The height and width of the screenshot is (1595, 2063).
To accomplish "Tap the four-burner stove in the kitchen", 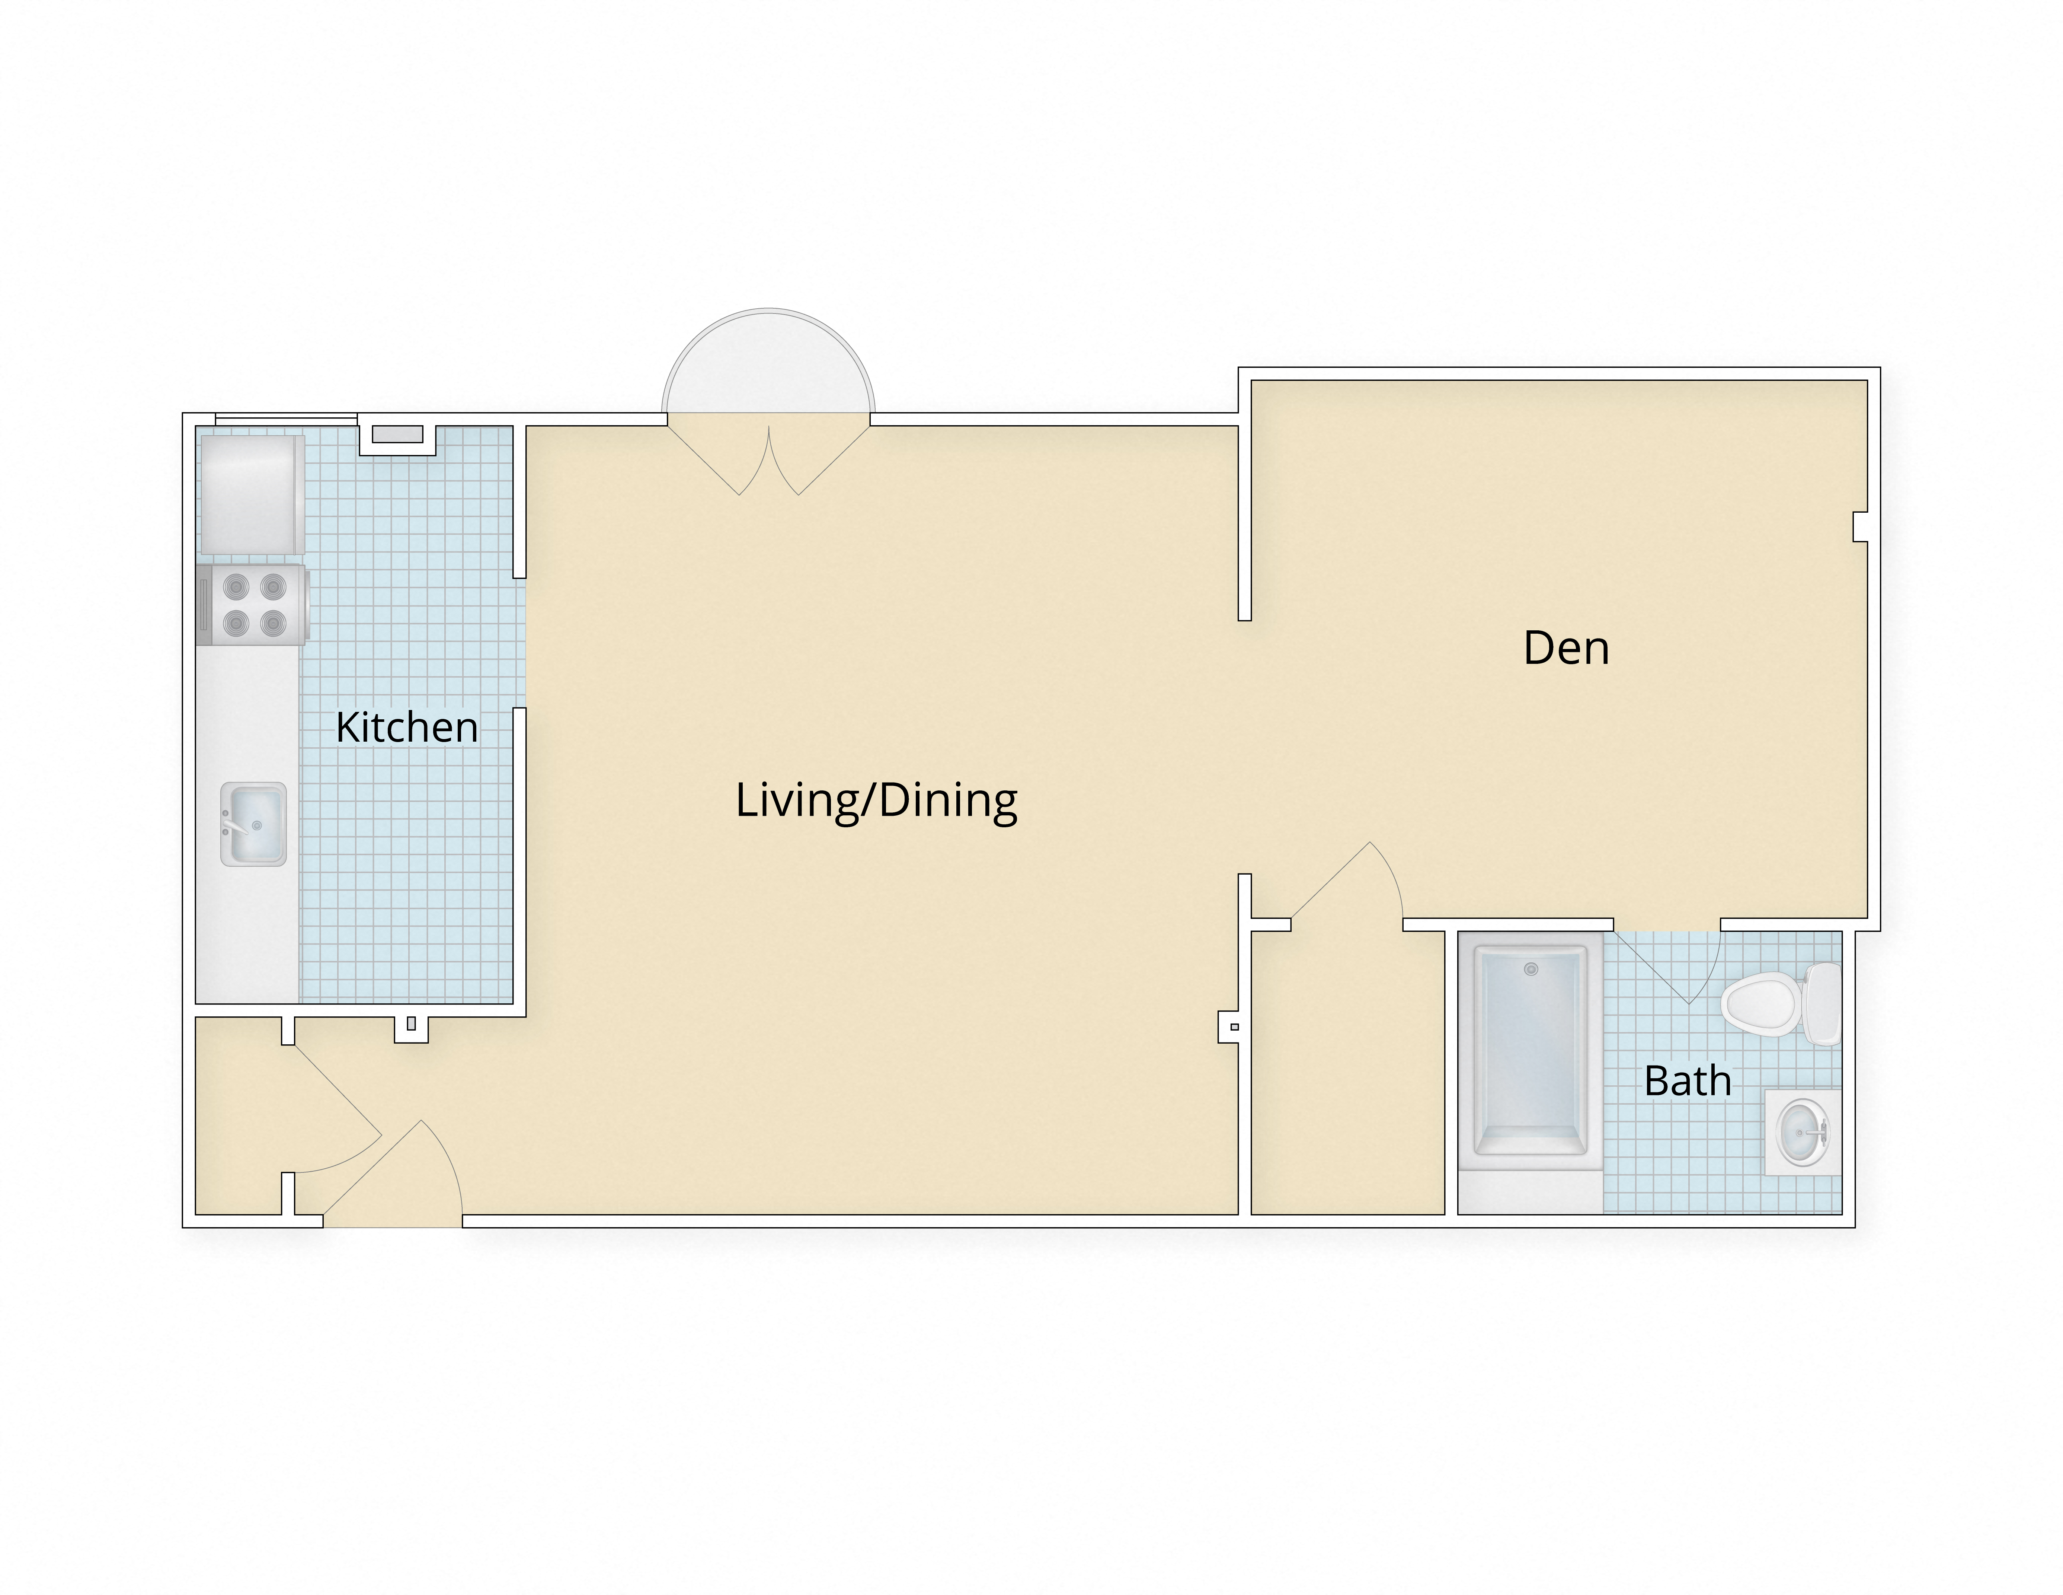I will [x=252, y=605].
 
